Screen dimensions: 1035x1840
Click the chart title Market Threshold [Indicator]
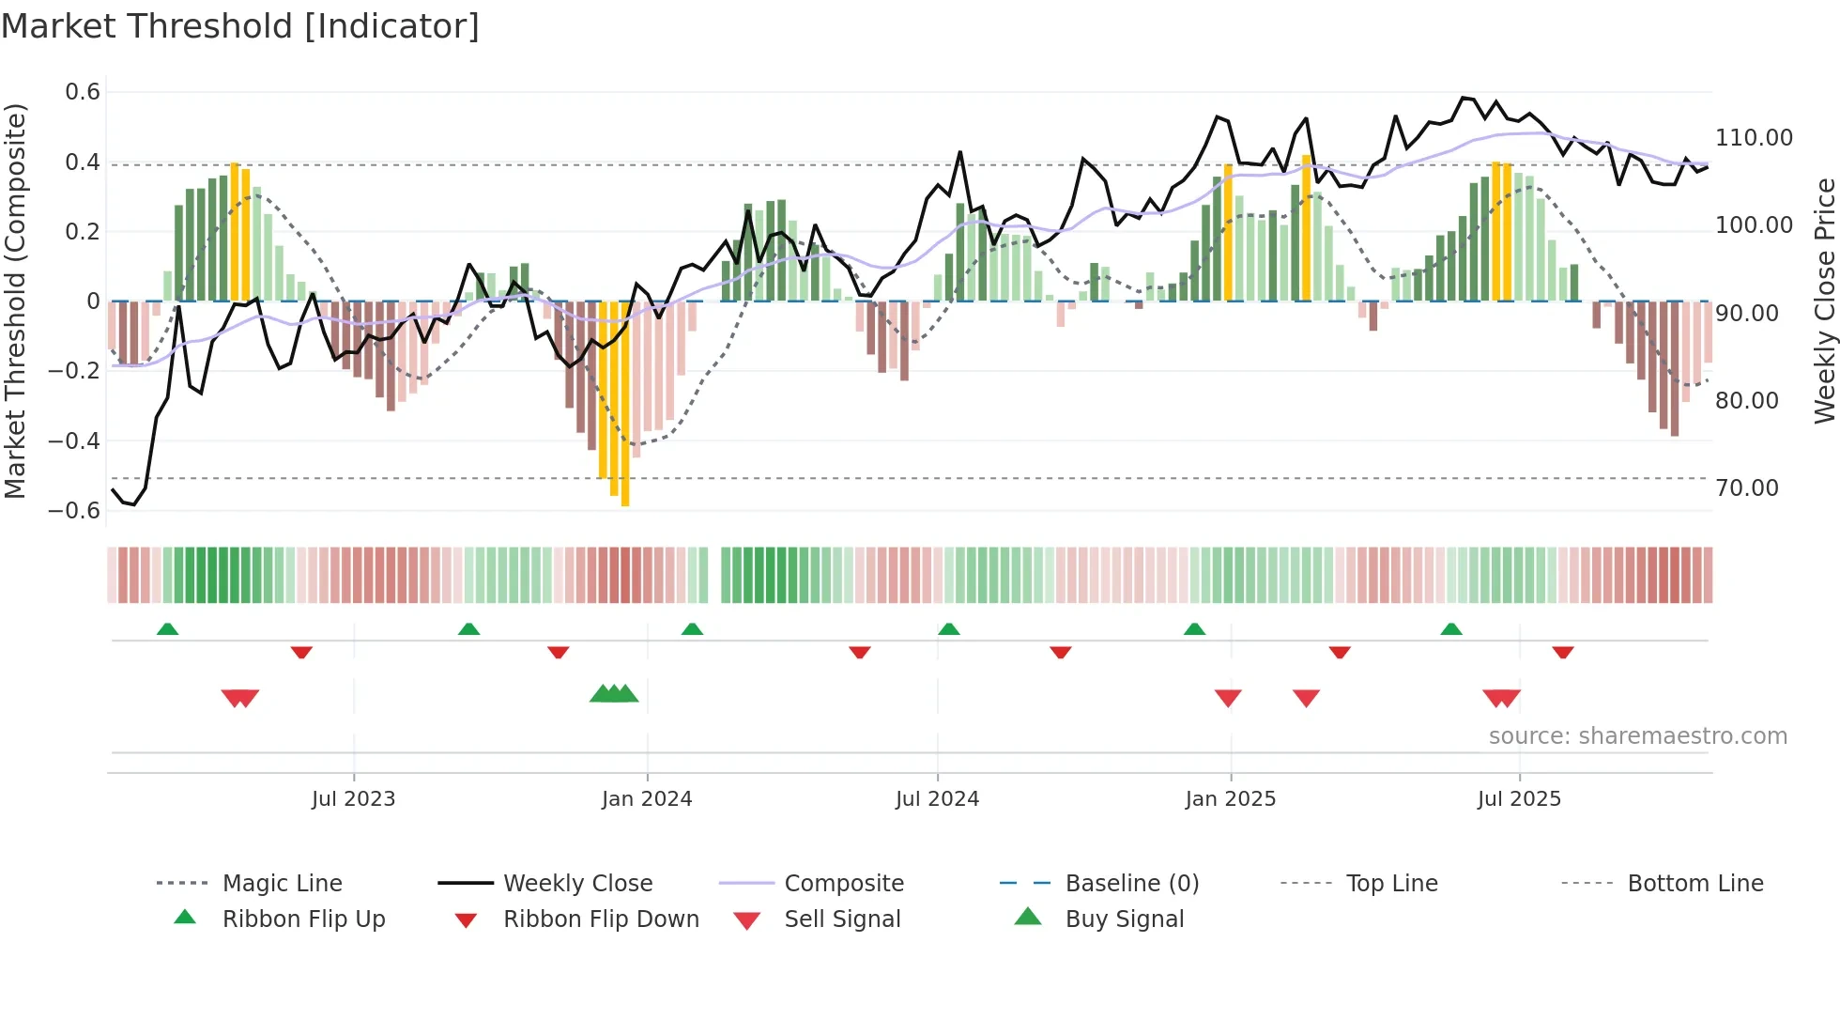[x=240, y=26]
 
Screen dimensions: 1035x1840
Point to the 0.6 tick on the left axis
[x=83, y=92]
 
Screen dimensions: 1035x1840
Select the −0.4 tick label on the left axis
[x=74, y=440]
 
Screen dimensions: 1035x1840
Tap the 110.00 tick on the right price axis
[x=1754, y=138]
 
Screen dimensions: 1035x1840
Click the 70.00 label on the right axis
[x=1746, y=488]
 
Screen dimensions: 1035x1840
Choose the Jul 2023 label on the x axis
[x=353, y=799]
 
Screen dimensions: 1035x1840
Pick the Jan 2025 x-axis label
[x=1230, y=799]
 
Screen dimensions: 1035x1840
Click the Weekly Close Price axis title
[x=1824, y=301]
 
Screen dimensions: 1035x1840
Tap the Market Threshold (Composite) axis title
[x=15, y=301]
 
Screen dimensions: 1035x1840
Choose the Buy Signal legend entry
[x=1124, y=919]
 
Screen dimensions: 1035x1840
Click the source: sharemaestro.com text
[x=1637, y=736]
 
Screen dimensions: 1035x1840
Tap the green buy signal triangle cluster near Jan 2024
[x=614, y=695]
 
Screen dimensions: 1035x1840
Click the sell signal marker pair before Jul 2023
[x=240, y=698]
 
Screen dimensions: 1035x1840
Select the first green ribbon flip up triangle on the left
[x=167, y=629]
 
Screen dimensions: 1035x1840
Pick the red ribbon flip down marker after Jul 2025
[x=1562, y=652]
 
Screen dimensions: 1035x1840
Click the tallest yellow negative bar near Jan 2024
[x=625, y=404]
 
